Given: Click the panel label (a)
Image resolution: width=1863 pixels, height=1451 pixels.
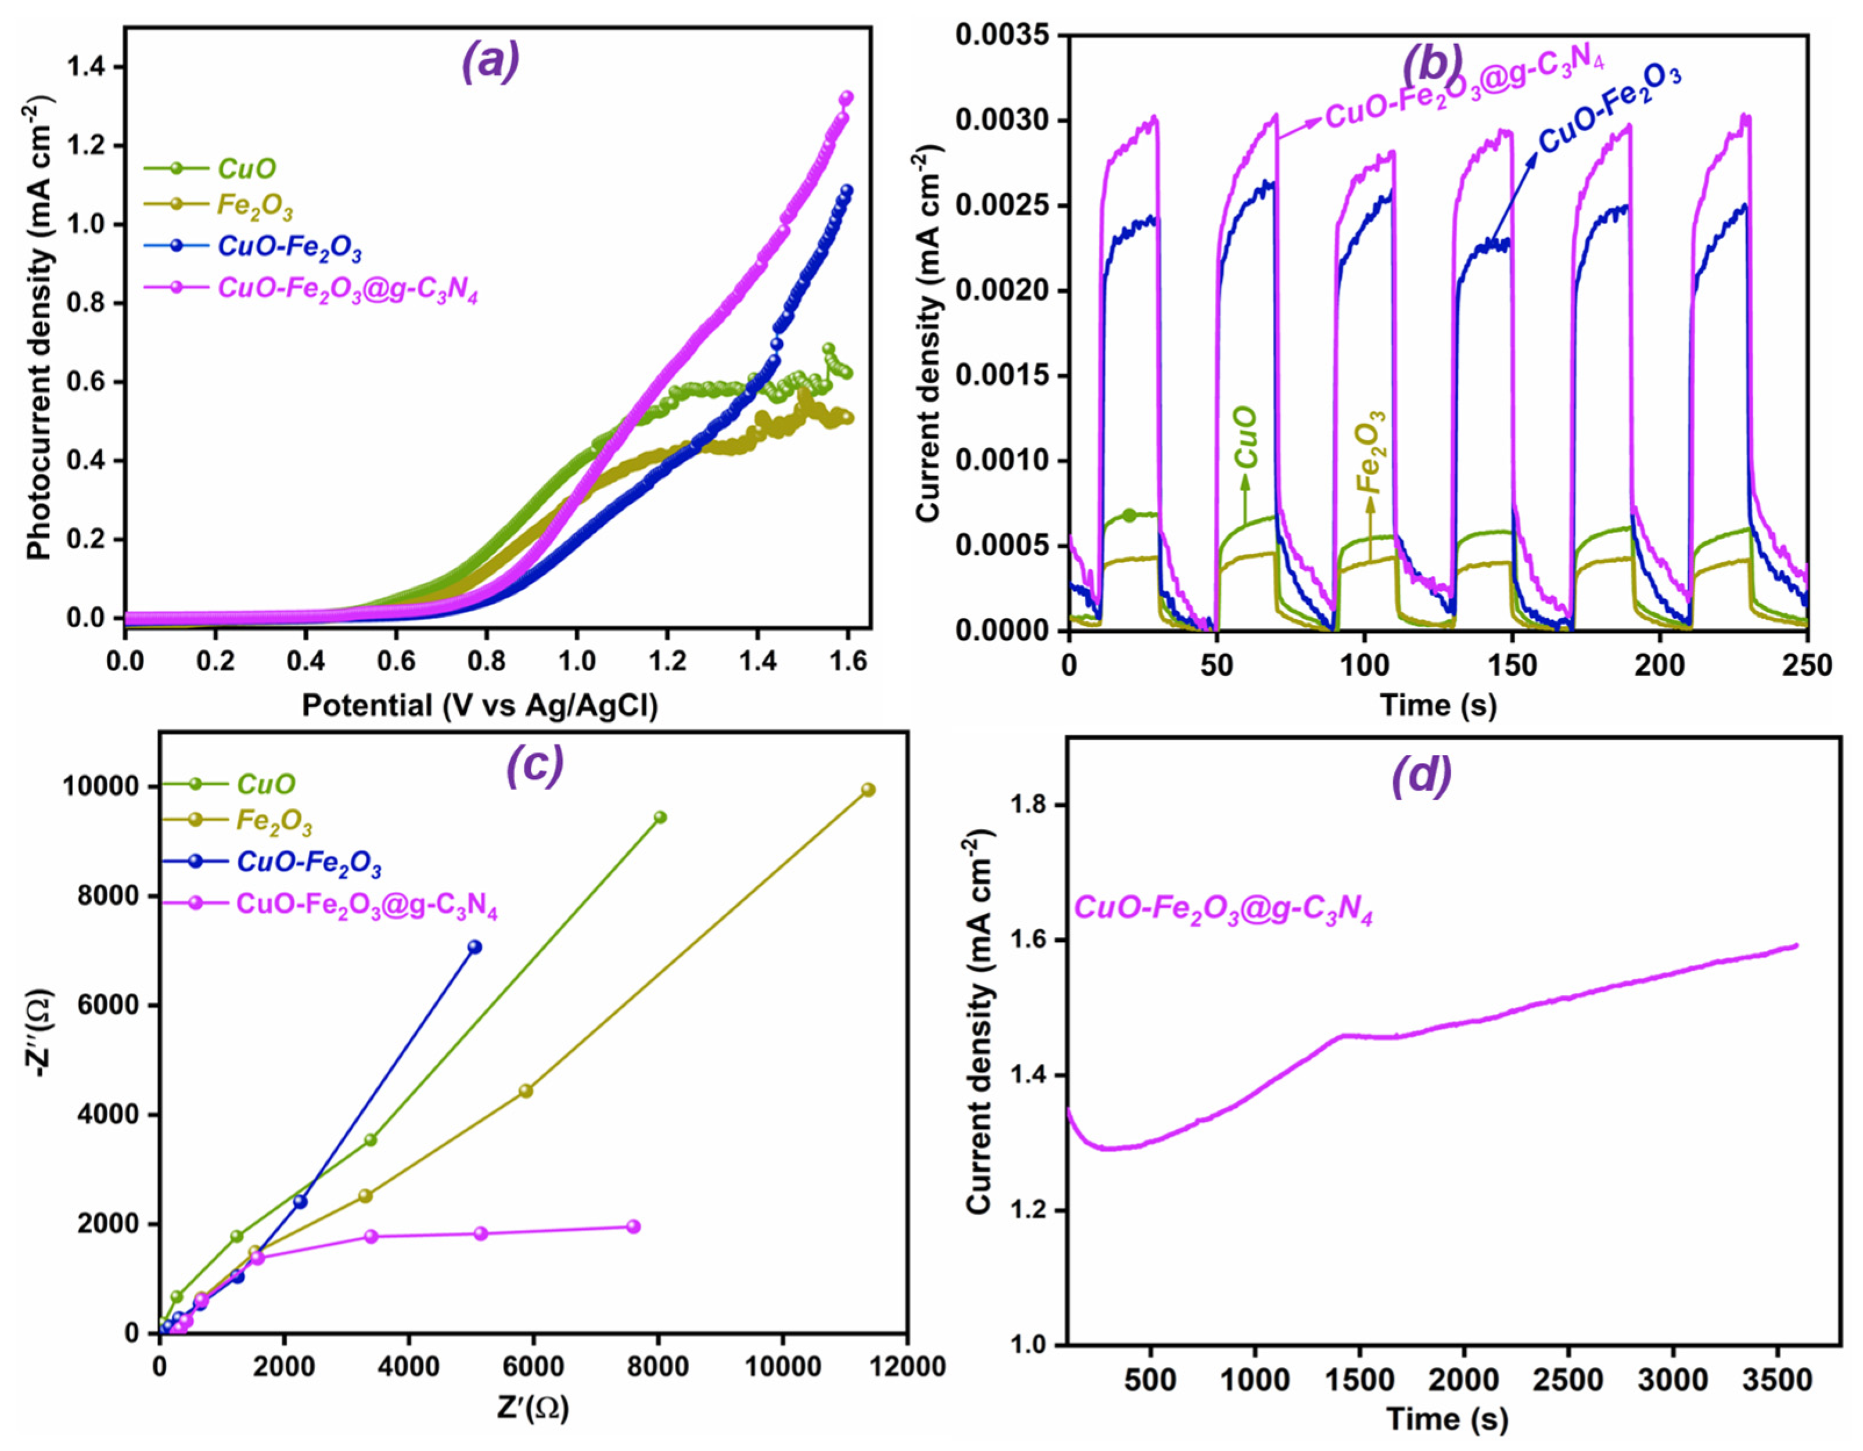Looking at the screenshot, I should click(x=491, y=62).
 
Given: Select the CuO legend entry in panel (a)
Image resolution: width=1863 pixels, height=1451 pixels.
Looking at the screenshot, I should click(x=247, y=168).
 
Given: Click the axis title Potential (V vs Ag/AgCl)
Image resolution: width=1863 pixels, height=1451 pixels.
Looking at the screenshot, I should click(x=480, y=705).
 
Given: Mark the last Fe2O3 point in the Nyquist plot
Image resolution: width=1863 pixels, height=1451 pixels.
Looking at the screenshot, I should click(x=868, y=790).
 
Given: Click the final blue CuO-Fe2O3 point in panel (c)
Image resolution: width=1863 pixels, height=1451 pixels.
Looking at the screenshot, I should click(x=475, y=947).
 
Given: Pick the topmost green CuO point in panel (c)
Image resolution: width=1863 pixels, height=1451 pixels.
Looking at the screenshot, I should click(x=659, y=817).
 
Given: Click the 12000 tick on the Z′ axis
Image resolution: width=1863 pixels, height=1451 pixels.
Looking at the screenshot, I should click(x=905, y=1366).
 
